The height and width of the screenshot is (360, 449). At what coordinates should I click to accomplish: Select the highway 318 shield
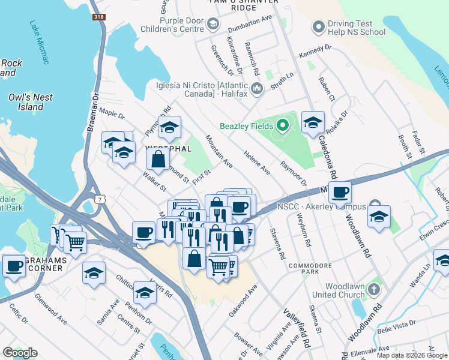coord(99,17)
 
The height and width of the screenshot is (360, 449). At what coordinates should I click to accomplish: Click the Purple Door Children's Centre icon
coord(212,24)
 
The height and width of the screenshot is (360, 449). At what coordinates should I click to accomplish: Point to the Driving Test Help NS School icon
coord(318,27)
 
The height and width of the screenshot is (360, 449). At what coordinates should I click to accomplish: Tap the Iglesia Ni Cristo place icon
coord(258,89)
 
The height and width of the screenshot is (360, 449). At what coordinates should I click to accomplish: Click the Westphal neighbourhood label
coord(168,148)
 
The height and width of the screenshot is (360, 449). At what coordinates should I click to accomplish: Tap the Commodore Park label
coord(311,269)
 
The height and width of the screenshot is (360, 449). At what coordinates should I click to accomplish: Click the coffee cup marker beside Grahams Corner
coord(13,265)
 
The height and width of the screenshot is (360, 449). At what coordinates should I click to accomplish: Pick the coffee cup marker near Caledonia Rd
coord(340,193)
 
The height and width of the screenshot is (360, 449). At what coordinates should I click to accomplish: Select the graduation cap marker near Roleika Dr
coord(313,122)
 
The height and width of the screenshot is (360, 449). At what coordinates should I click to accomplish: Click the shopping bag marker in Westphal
coord(158,160)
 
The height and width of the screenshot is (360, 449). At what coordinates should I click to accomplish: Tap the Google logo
coord(20,353)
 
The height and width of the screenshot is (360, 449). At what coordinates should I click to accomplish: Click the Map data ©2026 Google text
coord(412,355)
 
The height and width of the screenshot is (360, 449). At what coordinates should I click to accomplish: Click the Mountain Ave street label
coord(218,151)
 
